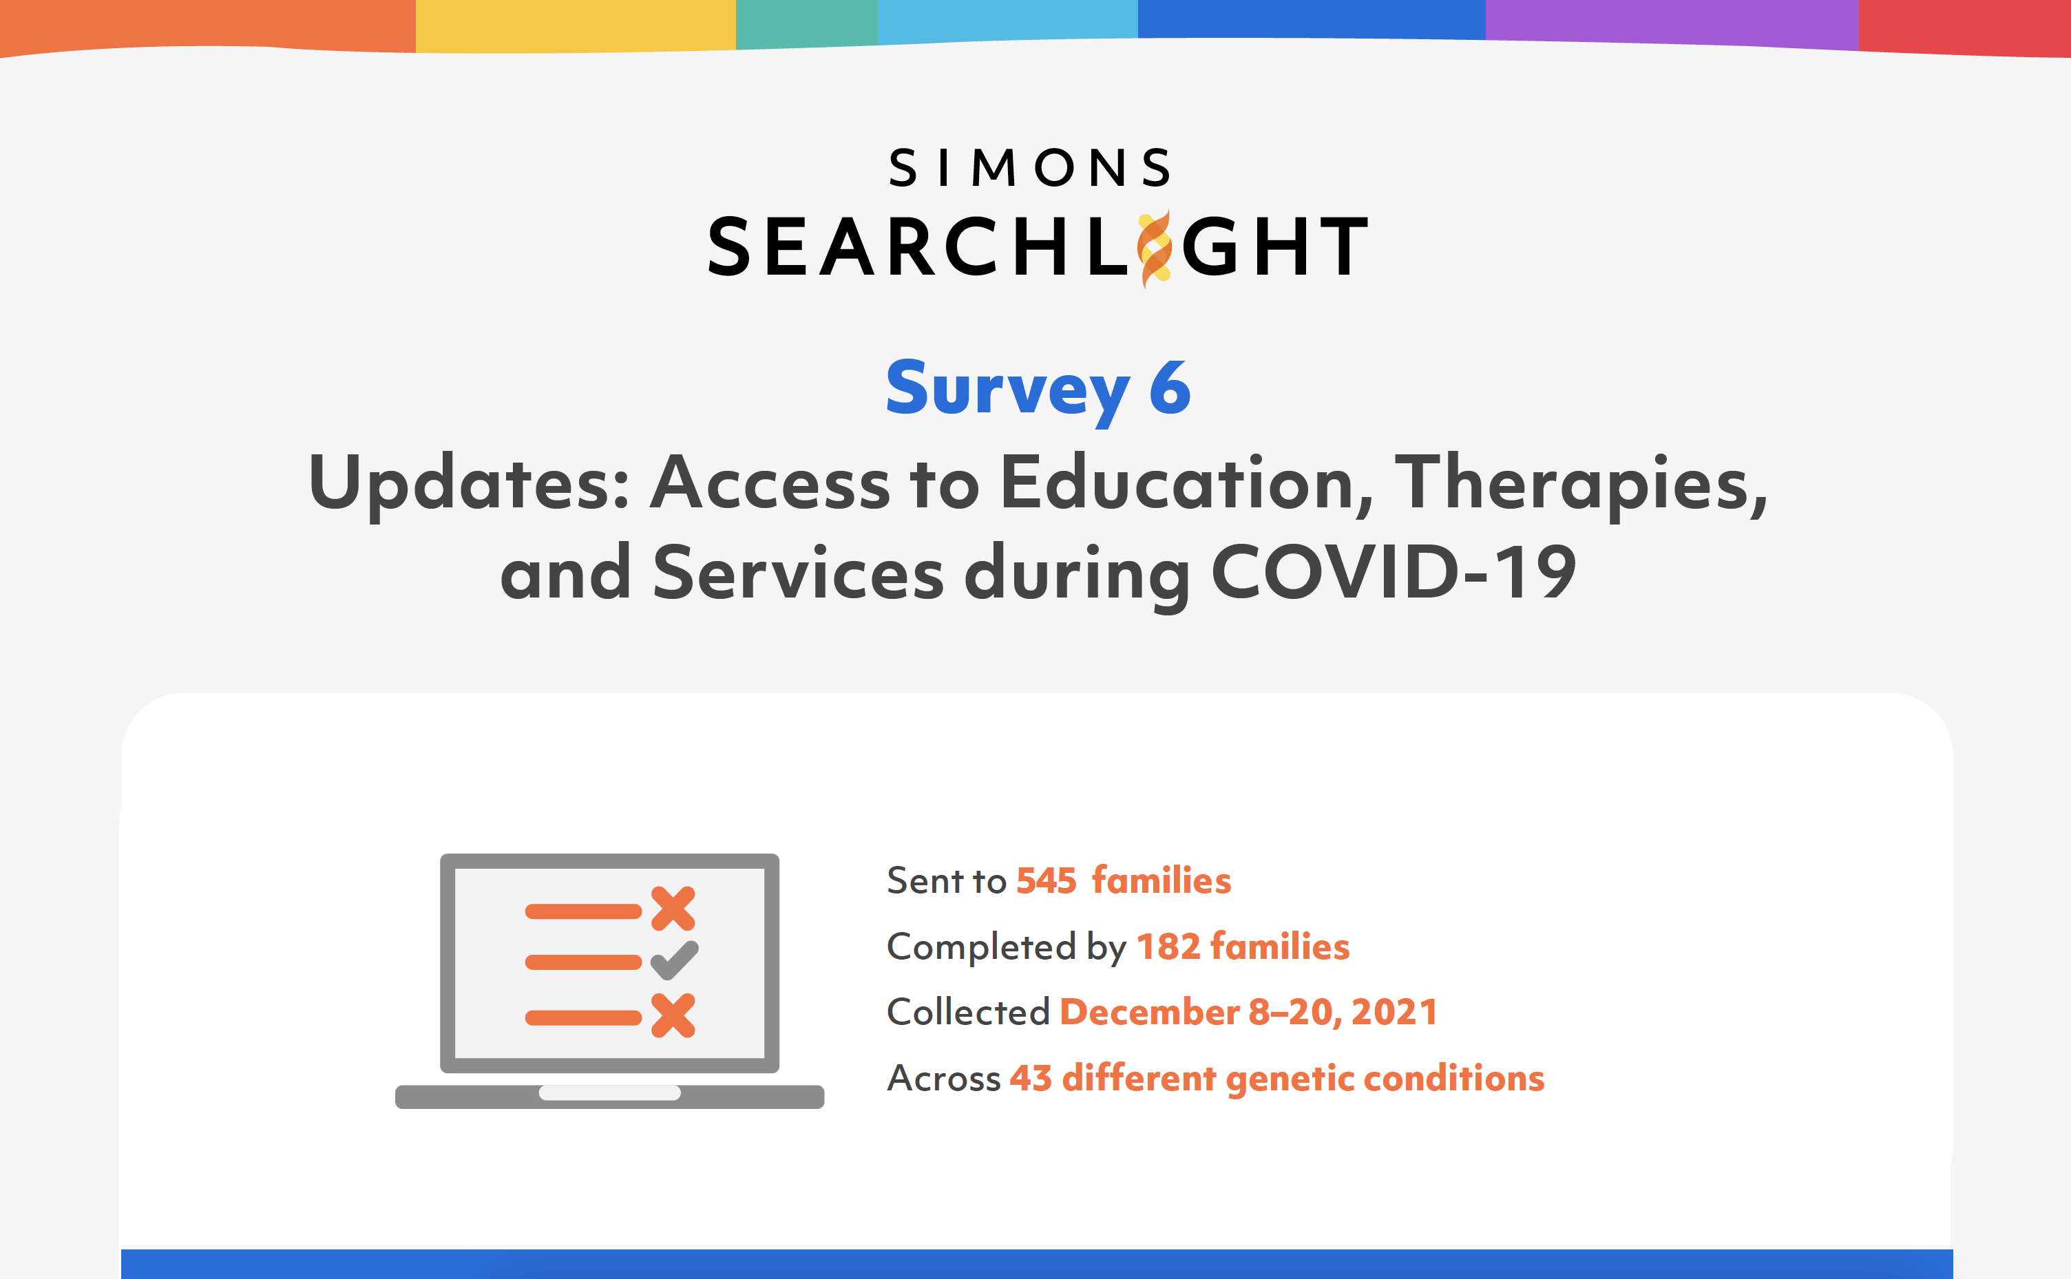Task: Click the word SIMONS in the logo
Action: (1029, 167)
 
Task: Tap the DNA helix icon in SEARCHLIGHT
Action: (1155, 249)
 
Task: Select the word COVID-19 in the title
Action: (1394, 573)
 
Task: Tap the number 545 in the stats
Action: (1046, 880)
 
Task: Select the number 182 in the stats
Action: (1168, 947)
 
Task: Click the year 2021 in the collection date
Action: (1394, 1013)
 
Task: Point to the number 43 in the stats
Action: (1031, 1079)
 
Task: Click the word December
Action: (1149, 1013)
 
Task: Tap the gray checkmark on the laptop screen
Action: (674, 961)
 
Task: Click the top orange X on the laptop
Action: (673, 909)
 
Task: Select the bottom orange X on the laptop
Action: (673, 1015)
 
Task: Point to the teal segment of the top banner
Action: (807, 23)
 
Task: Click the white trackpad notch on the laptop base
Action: (610, 1092)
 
